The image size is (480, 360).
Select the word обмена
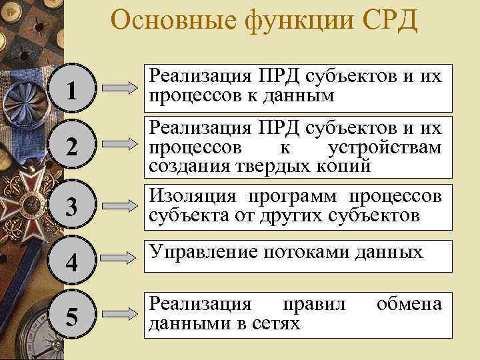[x=409, y=305]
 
